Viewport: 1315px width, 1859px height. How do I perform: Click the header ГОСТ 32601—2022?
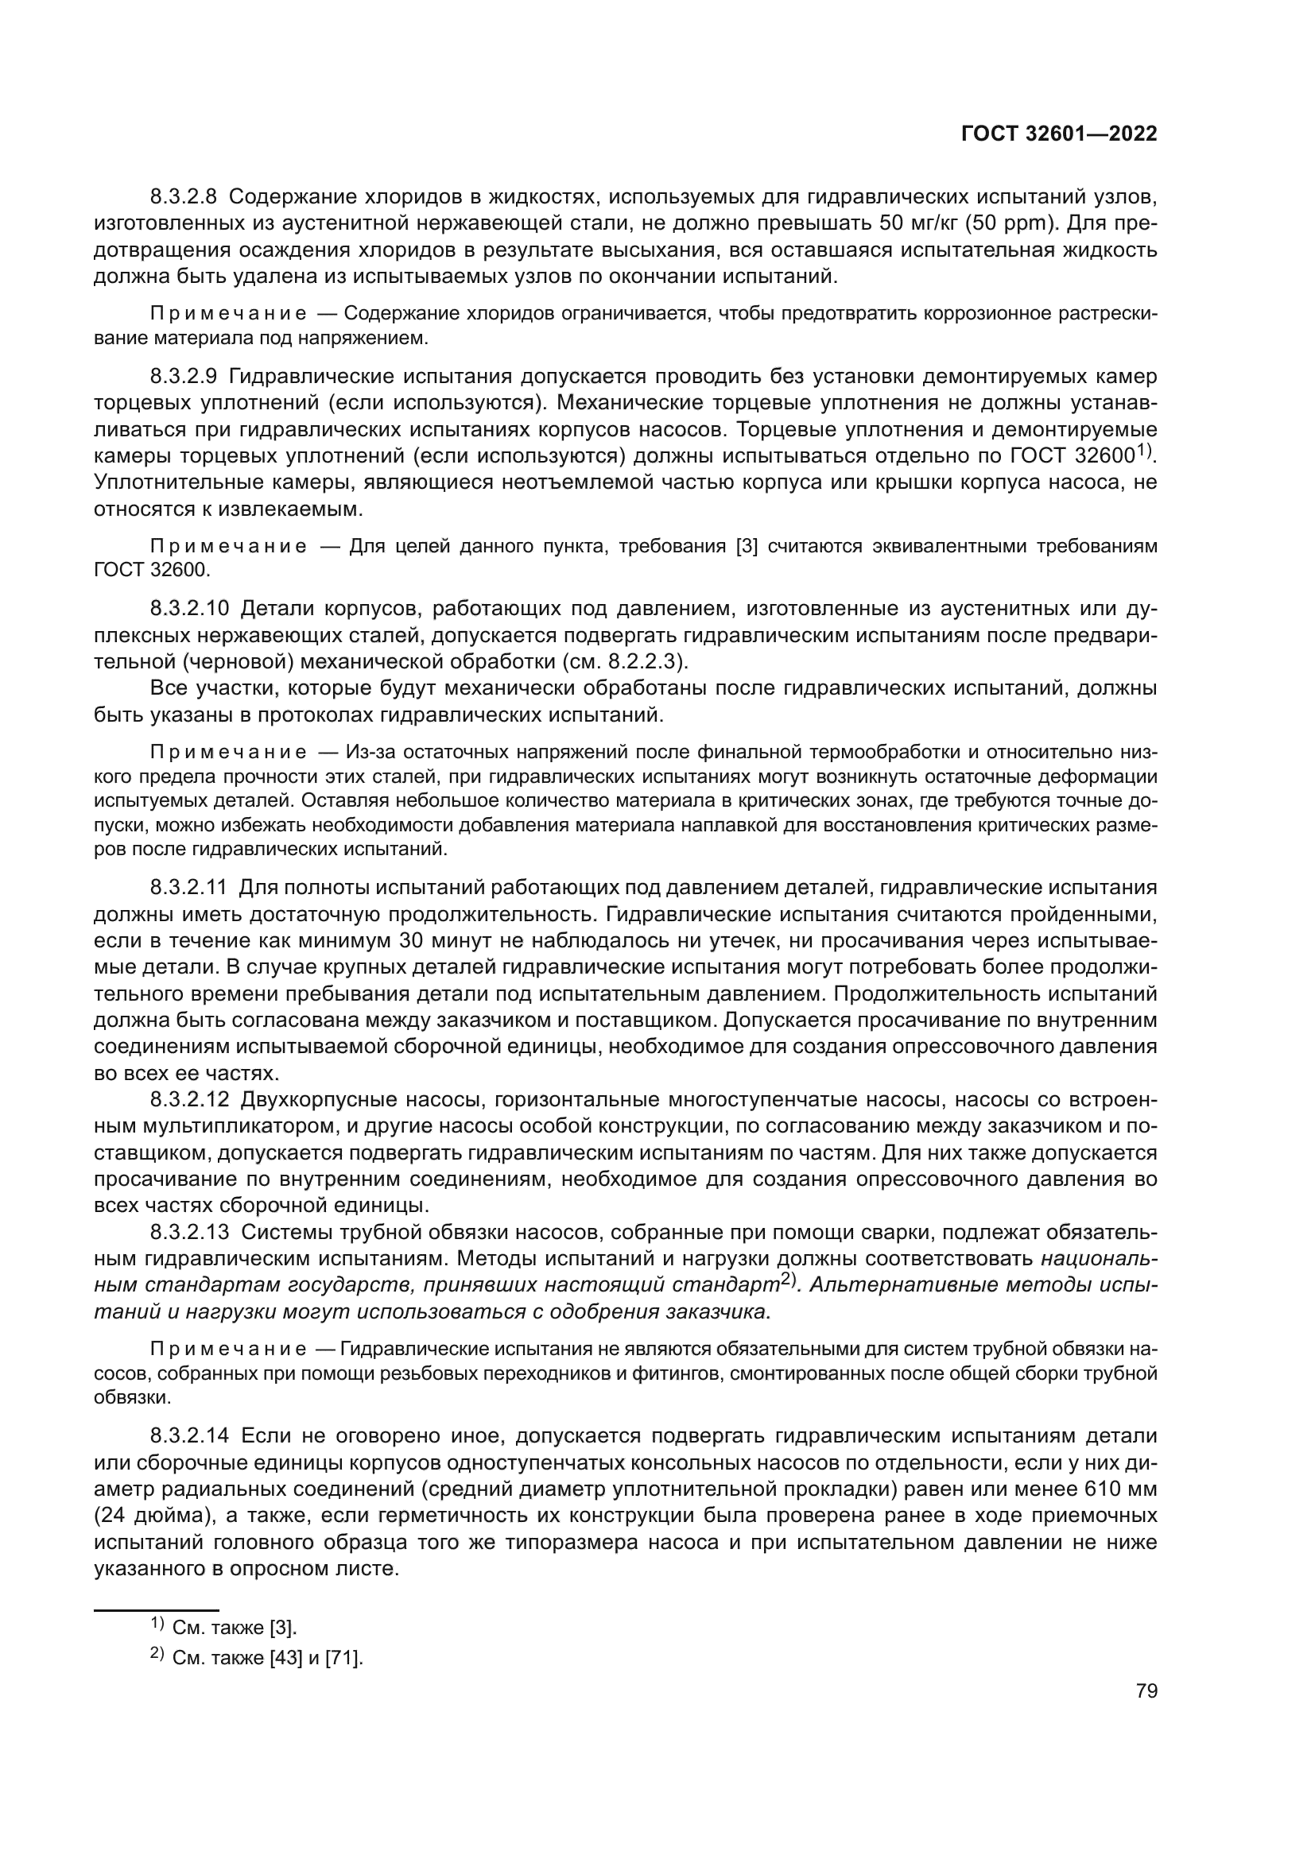(1059, 134)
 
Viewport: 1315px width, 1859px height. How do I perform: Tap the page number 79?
(1146, 1691)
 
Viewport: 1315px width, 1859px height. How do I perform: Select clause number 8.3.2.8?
(184, 197)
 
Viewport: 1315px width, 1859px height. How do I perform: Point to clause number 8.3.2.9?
(184, 377)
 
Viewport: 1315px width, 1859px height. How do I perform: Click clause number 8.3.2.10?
(190, 608)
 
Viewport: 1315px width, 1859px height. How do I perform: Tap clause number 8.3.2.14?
(190, 1436)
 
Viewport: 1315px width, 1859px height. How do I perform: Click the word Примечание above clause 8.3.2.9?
(228, 314)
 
